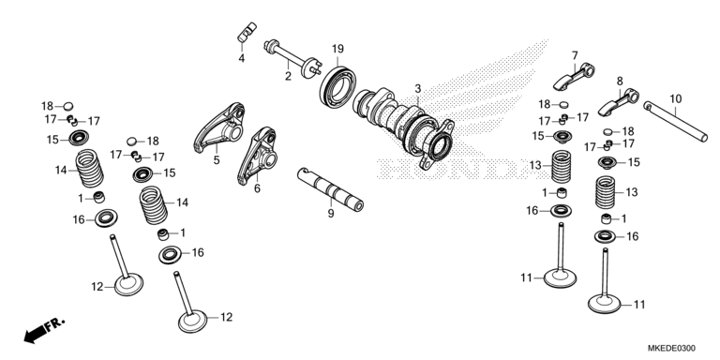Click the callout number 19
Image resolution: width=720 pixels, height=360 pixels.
coord(337,49)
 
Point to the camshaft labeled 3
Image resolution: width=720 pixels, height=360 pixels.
coord(404,123)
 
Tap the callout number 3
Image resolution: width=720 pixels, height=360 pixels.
coord(418,88)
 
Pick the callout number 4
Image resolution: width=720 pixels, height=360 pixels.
coord(241,58)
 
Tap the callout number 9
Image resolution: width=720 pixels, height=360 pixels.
coord(330,214)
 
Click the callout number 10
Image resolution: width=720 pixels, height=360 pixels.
coord(675,97)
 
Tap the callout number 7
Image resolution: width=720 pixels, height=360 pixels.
coord(575,55)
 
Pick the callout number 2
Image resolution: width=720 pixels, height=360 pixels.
coord(289,78)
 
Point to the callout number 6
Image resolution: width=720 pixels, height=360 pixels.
coord(256,187)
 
